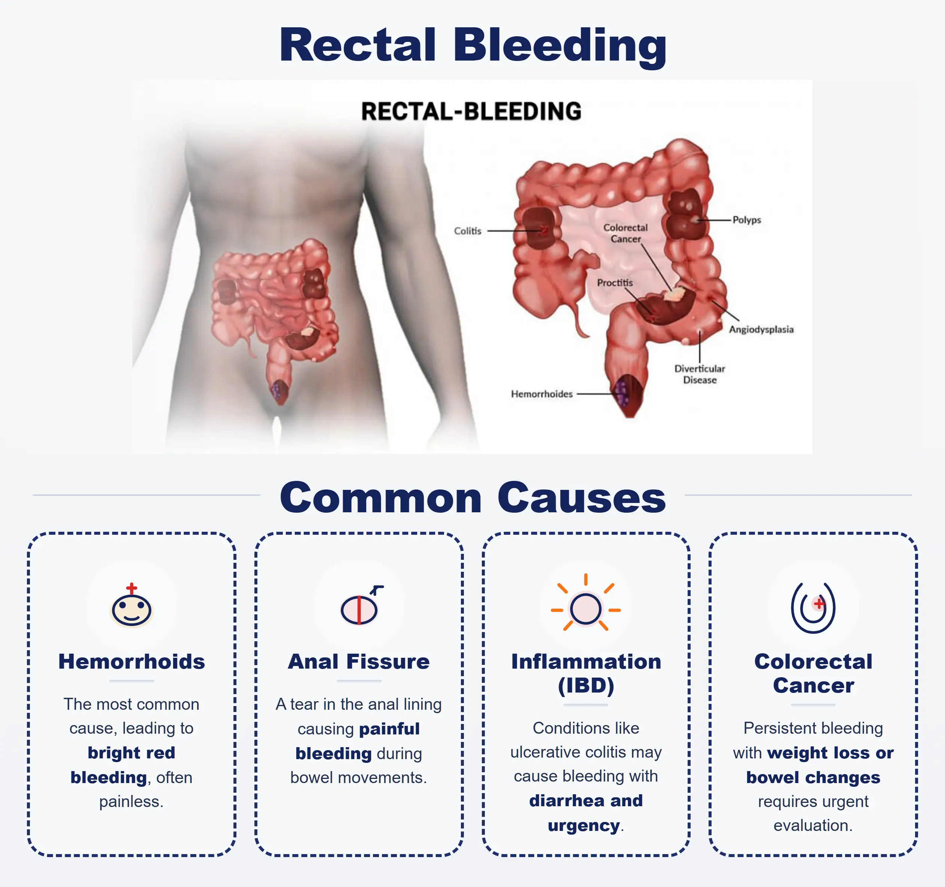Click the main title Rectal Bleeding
point(473,45)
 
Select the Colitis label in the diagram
point(467,231)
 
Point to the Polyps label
point(746,220)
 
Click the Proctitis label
point(615,283)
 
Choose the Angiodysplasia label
point(761,329)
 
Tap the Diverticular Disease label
point(699,374)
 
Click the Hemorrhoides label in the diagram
point(541,394)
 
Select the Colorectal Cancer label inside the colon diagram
point(625,233)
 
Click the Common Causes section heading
point(473,497)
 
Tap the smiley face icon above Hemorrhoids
point(131,608)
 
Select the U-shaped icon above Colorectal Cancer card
point(813,608)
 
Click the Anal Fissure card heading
point(358,662)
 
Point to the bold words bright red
point(131,752)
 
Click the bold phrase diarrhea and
point(585,801)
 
